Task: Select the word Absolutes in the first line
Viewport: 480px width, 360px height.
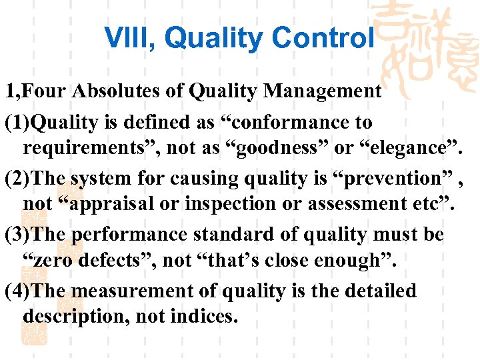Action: (107, 91)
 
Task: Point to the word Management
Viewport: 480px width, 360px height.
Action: (323, 91)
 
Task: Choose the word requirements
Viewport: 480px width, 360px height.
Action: (87, 150)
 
